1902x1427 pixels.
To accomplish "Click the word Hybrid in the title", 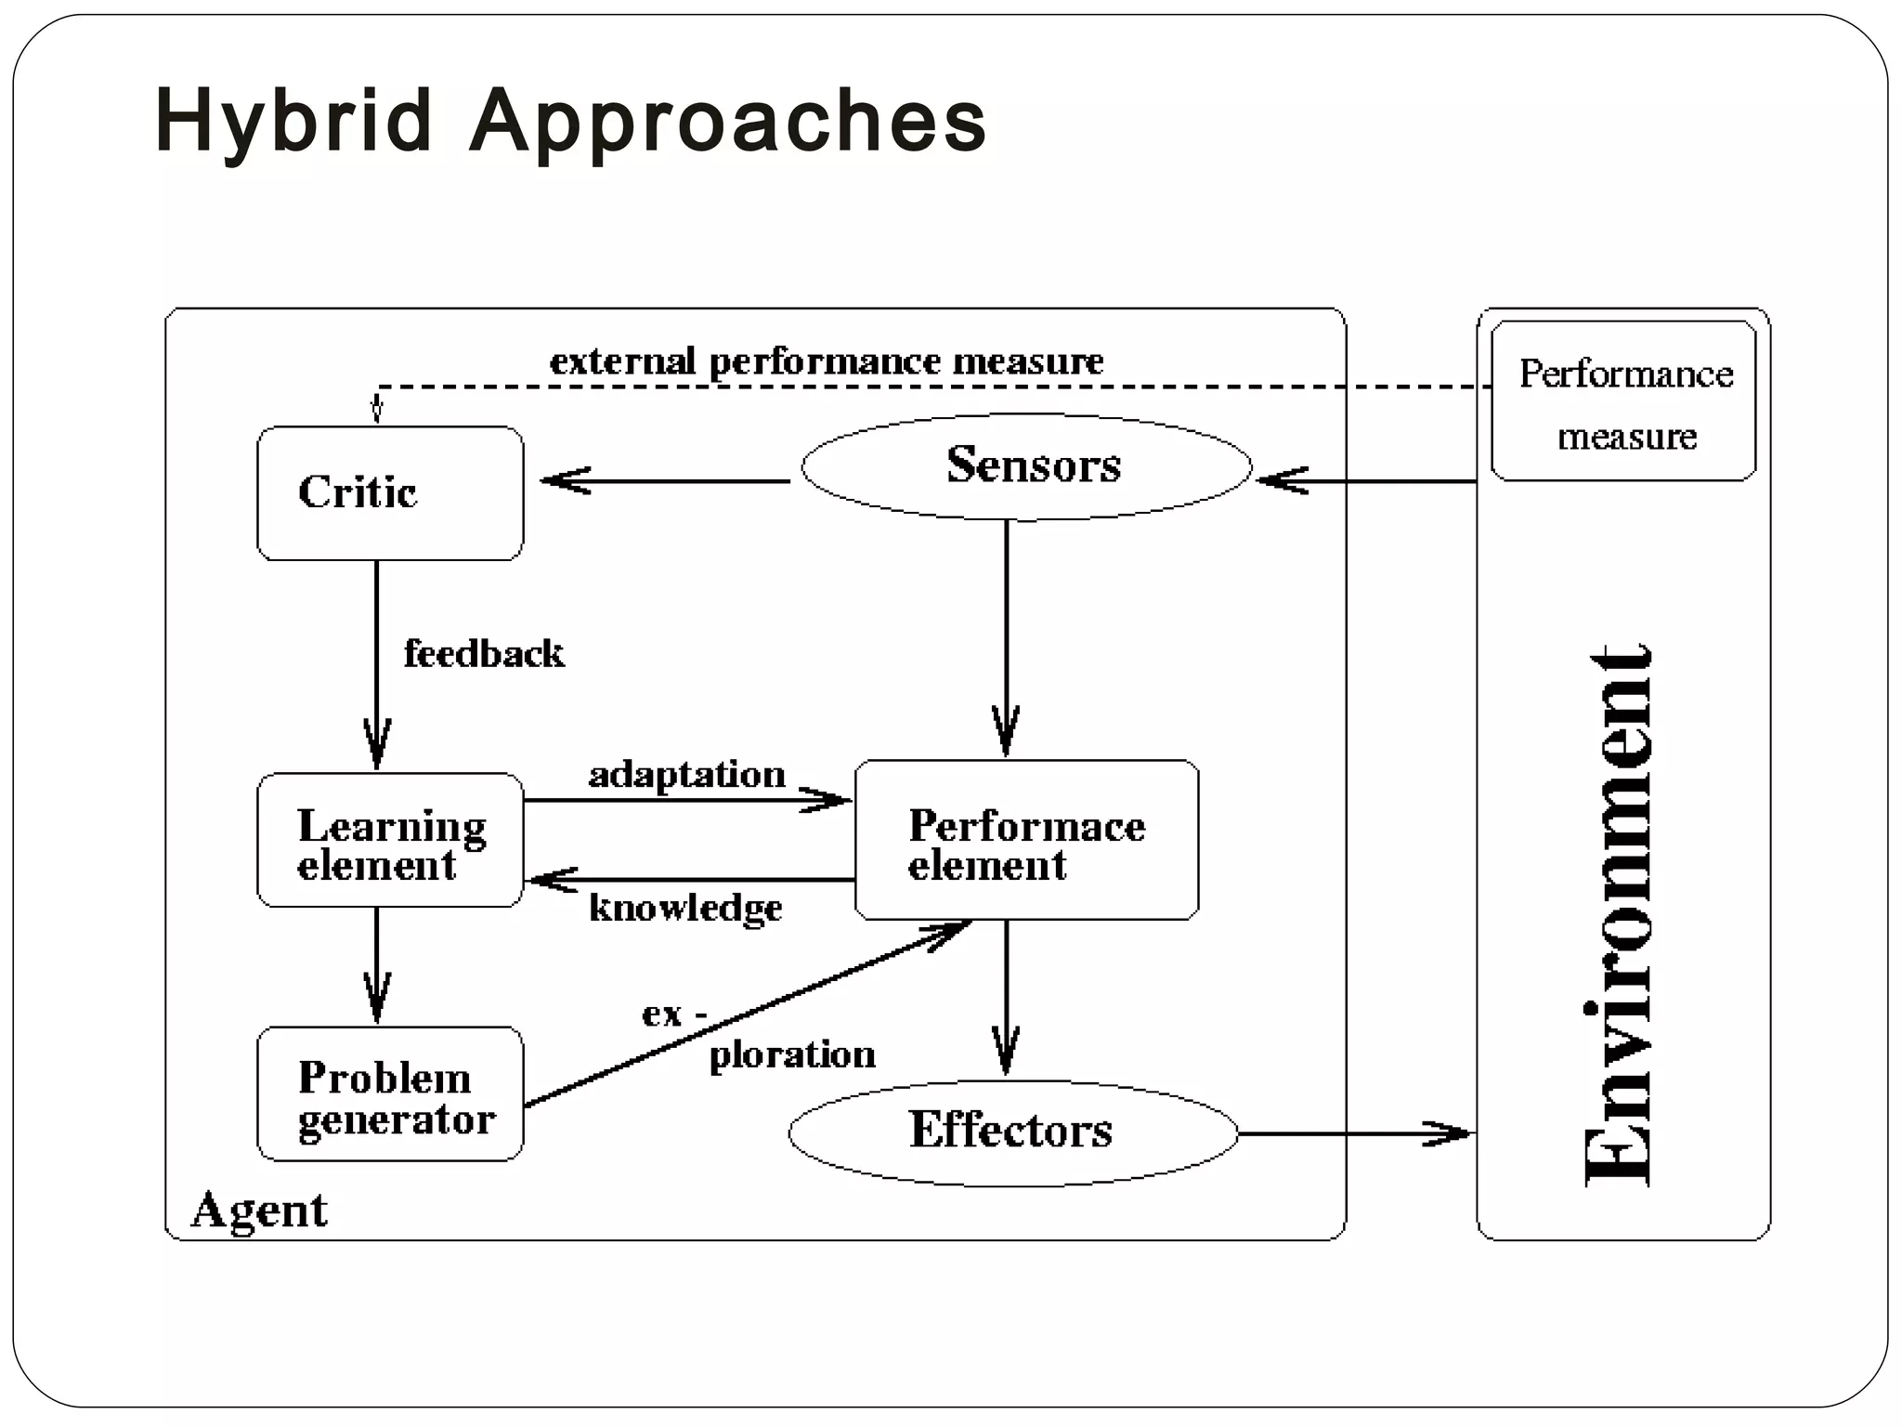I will pyautogui.click(x=293, y=122).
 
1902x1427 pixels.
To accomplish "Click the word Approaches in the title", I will pyautogui.click(x=728, y=122).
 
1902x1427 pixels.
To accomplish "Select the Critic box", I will pyautogui.click(x=390, y=493).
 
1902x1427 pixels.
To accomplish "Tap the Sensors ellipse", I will pyautogui.click(x=1027, y=465).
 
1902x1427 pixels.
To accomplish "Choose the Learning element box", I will pyautogui.click(x=390, y=841).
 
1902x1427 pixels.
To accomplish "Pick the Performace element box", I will pyautogui.click(x=1026, y=841).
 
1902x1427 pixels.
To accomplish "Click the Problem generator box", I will pyautogui.click(x=390, y=1094).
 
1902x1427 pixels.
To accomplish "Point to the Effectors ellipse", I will pyautogui.click(x=1012, y=1132).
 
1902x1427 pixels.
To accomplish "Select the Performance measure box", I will pyautogui.click(x=1623, y=402).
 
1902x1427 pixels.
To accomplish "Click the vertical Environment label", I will pyautogui.click(x=1620, y=915).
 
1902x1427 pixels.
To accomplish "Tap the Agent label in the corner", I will pyautogui.click(x=259, y=1211).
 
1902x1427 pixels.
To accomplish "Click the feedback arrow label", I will pyautogui.click(x=484, y=654).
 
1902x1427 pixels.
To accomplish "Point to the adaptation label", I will pyautogui.click(x=687, y=774).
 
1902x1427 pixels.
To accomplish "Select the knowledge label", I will pyautogui.click(x=685, y=908).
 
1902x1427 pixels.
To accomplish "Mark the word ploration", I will pyautogui.click(x=792, y=1054).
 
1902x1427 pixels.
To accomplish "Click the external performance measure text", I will pyautogui.click(x=827, y=361).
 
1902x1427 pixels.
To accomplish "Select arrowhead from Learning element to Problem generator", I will pyautogui.click(x=377, y=1002).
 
